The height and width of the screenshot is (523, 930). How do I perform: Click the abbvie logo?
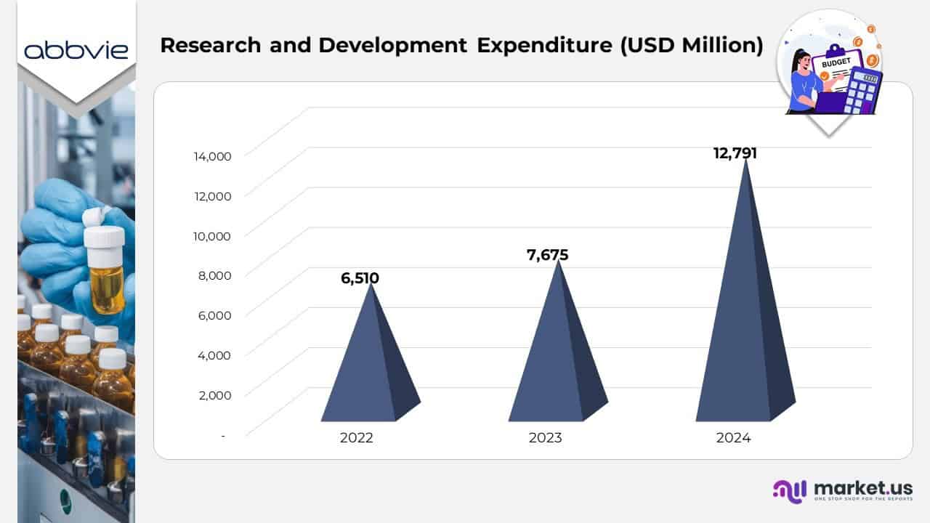click(76, 49)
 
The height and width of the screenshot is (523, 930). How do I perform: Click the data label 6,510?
click(360, 278)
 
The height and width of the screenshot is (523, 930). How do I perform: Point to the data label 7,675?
click(547, 255)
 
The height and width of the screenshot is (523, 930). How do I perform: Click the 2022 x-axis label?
click(356, 438)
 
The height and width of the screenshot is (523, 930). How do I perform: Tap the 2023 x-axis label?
click(545, 438)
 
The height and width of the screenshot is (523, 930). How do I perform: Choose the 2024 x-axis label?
click(733, 438)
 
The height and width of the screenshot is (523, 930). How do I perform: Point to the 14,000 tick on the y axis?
click(212, 156)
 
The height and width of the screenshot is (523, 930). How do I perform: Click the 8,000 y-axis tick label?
click(215, 275)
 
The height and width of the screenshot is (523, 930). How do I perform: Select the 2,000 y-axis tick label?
click(215, 395)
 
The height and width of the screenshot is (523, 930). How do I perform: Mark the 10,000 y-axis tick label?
click(212, 236)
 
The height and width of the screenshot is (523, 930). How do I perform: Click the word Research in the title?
click(210, 45)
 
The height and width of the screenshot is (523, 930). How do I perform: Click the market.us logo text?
click(863, 487)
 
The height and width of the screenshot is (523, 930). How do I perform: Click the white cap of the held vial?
click(104, 236)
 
